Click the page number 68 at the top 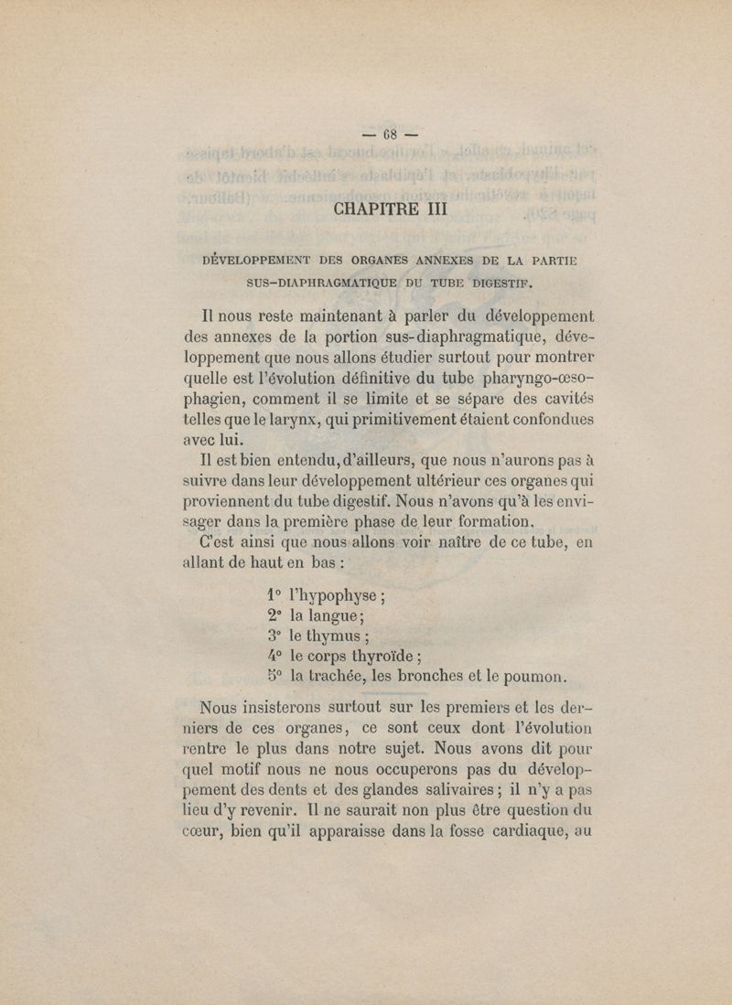click(x=389, y=134)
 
